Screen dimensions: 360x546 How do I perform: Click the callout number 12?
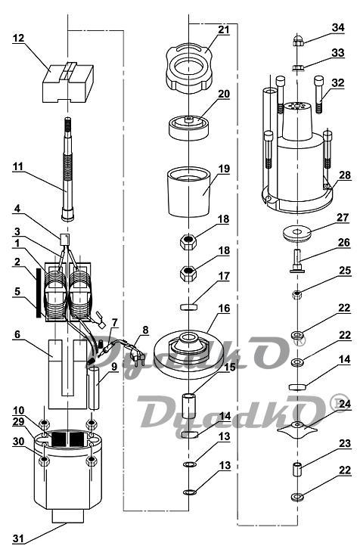[19, 38]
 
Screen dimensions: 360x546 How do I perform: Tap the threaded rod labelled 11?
[68, 169]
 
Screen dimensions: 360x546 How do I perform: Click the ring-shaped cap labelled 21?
[189, 69]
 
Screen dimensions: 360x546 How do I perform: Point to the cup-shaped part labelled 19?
[189, 193]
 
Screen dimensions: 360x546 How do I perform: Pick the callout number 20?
[224, 94]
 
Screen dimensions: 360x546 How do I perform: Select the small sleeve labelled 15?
[189, 405]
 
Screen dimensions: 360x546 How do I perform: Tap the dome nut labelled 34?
[299, 41]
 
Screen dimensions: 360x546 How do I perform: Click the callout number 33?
[337, 53]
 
